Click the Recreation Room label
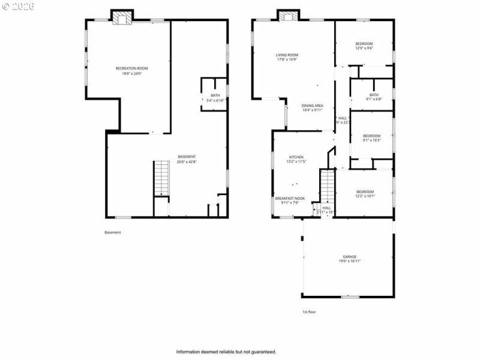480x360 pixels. tap(131, 68)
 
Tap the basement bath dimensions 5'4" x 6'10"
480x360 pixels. tap(215, 101)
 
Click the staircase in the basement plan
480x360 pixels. tap(161, 178)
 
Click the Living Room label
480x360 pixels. tap(287, 55)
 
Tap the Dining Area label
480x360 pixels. tap(312, 106)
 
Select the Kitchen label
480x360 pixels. tap(297, 157)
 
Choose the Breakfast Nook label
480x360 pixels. tap(290, 199)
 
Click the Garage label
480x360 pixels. tap(350, 256)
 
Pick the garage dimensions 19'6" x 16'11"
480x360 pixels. tap(350, 261)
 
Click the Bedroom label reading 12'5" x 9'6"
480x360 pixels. tap(364, 44)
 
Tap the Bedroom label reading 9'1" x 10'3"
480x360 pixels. tap(371, 136)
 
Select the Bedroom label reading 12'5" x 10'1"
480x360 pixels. tap(365, 191)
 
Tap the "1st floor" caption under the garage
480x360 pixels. tap(309, 312)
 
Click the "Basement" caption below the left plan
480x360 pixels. tap(113, 232)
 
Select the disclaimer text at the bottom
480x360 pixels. tap(226, 352)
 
